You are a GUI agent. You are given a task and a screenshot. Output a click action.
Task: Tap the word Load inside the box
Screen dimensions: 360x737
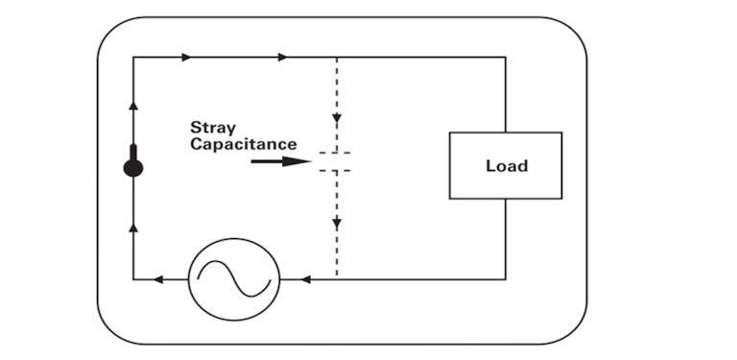[x=506, y=166]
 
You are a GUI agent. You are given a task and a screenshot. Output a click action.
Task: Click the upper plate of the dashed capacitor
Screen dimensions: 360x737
[x=336, y=153]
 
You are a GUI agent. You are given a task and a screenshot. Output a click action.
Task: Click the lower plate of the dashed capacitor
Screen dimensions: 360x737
[x=336, y=170]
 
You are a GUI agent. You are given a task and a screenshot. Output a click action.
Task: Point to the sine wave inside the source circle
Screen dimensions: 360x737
[x=233, y=278]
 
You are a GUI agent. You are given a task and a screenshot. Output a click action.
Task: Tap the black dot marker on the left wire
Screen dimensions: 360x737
[x=133, y=168]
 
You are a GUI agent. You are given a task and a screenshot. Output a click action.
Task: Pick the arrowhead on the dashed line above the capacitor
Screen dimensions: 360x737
[x=337, y=119]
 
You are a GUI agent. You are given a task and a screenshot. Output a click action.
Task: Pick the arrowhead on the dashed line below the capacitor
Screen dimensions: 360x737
[x=337, y=223]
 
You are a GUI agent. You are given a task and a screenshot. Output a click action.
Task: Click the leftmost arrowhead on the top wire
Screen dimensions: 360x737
[x=186, y=58]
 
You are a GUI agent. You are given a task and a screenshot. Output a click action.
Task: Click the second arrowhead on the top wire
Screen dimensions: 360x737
[x=282, y=58]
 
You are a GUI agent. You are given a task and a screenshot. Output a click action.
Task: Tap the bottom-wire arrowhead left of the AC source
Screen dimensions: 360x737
[x=157, y=279]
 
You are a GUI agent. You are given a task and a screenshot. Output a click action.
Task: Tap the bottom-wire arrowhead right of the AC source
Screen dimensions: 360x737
[x=305, y=279]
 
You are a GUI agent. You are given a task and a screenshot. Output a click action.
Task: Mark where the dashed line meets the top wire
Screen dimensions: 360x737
[x=337, y=58]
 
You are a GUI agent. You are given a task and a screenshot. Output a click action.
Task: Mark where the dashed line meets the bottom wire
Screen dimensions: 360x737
[x=337, y=279]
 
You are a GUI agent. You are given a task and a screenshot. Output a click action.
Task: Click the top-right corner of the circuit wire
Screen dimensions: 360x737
[x=506, y=58]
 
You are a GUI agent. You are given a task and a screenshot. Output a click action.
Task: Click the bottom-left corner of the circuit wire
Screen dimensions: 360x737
[x=133, y=279]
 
